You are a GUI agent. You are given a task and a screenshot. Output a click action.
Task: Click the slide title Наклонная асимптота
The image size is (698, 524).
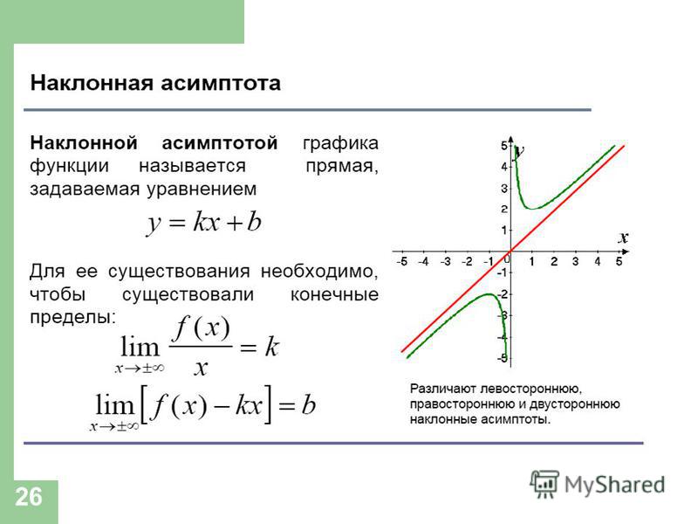[x=155, y=83]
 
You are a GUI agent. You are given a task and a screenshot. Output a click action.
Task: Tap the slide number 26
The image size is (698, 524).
[x=29, y=496]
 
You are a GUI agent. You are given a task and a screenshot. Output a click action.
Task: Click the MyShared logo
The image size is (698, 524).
[x=598, y=484]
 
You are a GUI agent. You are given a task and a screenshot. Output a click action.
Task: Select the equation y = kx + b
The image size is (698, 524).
[x=204, y=222]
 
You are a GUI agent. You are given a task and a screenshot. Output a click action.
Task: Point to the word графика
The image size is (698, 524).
[x=340, y=143]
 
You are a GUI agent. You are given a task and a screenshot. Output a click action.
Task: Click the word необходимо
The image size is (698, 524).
[x=319, y=271]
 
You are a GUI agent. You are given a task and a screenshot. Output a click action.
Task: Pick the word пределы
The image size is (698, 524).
[x=72, y=317]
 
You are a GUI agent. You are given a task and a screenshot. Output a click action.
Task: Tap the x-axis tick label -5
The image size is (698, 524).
[x=401, y=261]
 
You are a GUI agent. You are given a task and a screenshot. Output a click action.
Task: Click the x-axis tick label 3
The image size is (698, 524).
[x=575, y=261]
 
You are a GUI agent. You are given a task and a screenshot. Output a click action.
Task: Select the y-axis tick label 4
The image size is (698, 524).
[x=504, y=167]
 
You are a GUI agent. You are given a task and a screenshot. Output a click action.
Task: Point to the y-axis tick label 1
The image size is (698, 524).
[x=504, y=231]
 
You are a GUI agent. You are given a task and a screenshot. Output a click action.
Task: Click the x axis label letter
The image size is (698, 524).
[x=623, y=238]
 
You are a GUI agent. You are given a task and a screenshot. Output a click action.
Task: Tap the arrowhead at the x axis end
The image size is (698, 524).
[x=626, y=252]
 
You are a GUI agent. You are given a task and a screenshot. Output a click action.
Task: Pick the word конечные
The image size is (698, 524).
[x=334, y=294]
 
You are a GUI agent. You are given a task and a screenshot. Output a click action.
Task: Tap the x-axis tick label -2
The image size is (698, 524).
[x=467, y=261]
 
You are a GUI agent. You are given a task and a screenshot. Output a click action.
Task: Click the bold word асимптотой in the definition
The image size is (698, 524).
[x=220, y=143]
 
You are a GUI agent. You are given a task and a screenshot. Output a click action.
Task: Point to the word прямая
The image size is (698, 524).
[x=342, y=167]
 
